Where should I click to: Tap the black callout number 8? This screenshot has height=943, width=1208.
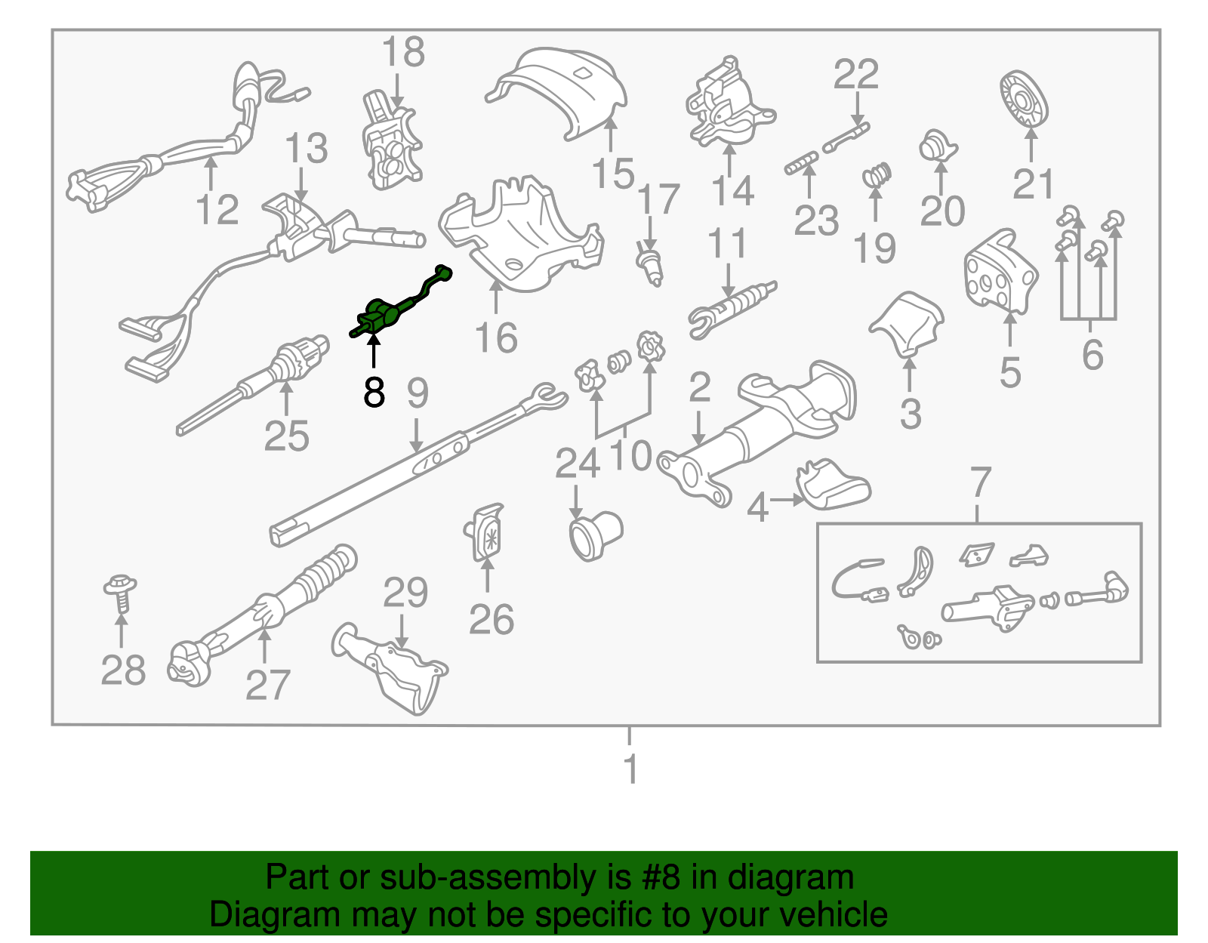[x=374, y=393]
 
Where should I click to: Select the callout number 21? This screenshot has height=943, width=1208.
[x=1033, y=184]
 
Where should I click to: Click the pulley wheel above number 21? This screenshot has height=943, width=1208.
[x=1024, y=101]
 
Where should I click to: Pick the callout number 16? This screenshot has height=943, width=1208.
[x=496, y=337]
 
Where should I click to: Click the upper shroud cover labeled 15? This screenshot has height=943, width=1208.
[x=562, y=91]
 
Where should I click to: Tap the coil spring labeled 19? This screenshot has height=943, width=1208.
[x=877, y=176]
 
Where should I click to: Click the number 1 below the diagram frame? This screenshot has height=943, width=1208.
[x=630, y=769]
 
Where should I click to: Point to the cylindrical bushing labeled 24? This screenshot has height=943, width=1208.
[x=594, y=534]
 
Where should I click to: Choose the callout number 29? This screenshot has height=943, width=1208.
[x=405, y=593]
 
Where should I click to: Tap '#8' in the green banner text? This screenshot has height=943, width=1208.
[x=661, y=878]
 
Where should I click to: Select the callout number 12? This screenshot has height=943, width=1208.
[x=217, y=209]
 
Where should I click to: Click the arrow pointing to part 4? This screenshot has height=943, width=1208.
[x=787, y=499]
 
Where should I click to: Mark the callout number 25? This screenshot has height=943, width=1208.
[x=286, y=436]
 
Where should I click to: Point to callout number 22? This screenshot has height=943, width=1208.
[x=856, y=74]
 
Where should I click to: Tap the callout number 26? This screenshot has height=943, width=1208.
[x=491, y=620]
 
